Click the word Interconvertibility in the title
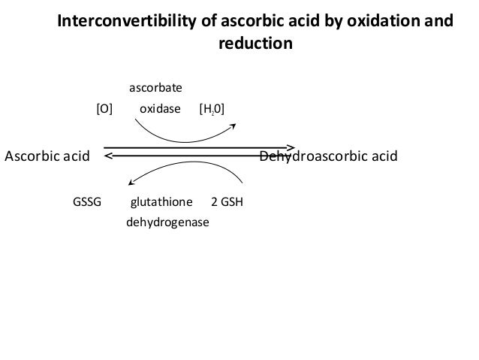(x=125, y=22)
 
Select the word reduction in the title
(x=255, y=44)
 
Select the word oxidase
(x=160, y=109)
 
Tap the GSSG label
(x=86, y=203)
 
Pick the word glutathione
(x=161, y=203)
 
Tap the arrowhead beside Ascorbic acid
(x=108, y=156)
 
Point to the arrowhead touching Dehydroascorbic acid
(x=291, y=147)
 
